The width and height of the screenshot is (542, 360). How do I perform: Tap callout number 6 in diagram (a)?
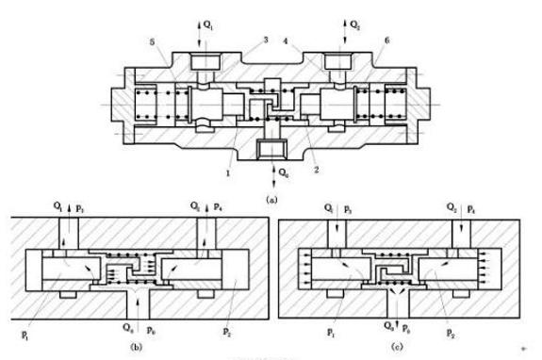point(385,42)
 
